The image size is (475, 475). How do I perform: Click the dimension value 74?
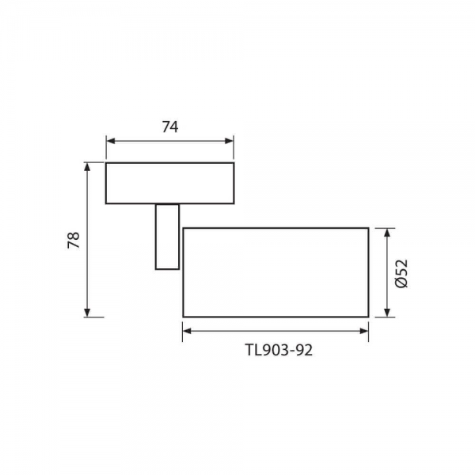170,127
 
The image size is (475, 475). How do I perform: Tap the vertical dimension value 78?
74,240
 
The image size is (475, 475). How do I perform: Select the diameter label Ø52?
401,274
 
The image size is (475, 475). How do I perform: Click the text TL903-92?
279,351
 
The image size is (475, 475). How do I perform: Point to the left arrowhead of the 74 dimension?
111,141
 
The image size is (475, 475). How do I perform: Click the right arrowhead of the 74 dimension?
229,141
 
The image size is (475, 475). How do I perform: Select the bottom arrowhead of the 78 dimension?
87,313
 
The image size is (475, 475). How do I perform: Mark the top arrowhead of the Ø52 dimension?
387,234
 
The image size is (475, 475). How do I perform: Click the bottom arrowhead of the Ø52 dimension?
387,313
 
